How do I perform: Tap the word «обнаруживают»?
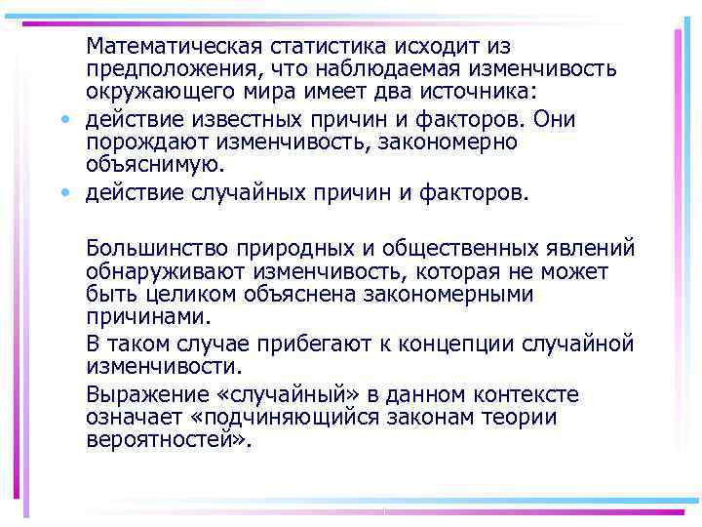(x=165, y=269)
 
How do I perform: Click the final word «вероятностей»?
(x=164, y=439)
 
